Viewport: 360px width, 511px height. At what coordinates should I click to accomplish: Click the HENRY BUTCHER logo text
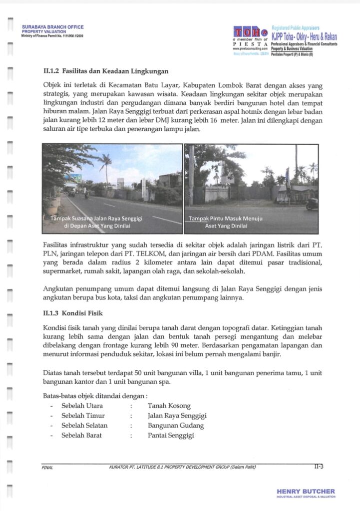point(306,492)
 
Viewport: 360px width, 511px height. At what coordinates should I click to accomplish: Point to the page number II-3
point(319,467)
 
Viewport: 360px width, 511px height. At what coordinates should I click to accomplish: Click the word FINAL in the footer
point(48,468)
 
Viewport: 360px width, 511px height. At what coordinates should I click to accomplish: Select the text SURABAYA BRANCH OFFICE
point(52,27)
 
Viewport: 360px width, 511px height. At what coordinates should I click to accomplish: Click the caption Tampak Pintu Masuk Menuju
point(225,219)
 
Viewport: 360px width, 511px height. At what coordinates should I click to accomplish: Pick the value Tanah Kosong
point(169,406)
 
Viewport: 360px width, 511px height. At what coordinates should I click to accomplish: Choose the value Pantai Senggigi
point(171,435)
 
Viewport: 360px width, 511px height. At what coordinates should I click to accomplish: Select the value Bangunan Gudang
point(175,426)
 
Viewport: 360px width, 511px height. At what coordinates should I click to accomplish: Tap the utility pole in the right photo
point(191,175)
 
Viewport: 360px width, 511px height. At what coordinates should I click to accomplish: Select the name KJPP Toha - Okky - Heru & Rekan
point(304,37)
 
